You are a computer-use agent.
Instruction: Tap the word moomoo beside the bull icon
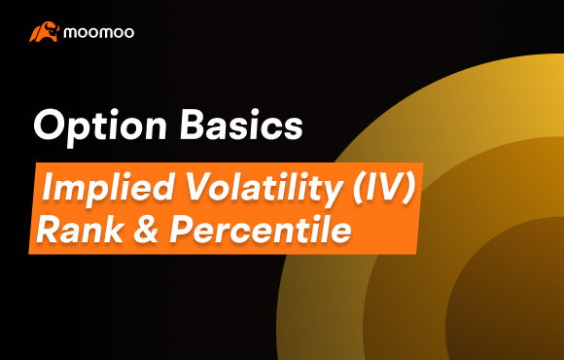[x=99, y=32]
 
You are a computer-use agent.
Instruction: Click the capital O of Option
[x=48, y=126]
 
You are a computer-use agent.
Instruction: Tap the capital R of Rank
[x=47, y=229]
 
